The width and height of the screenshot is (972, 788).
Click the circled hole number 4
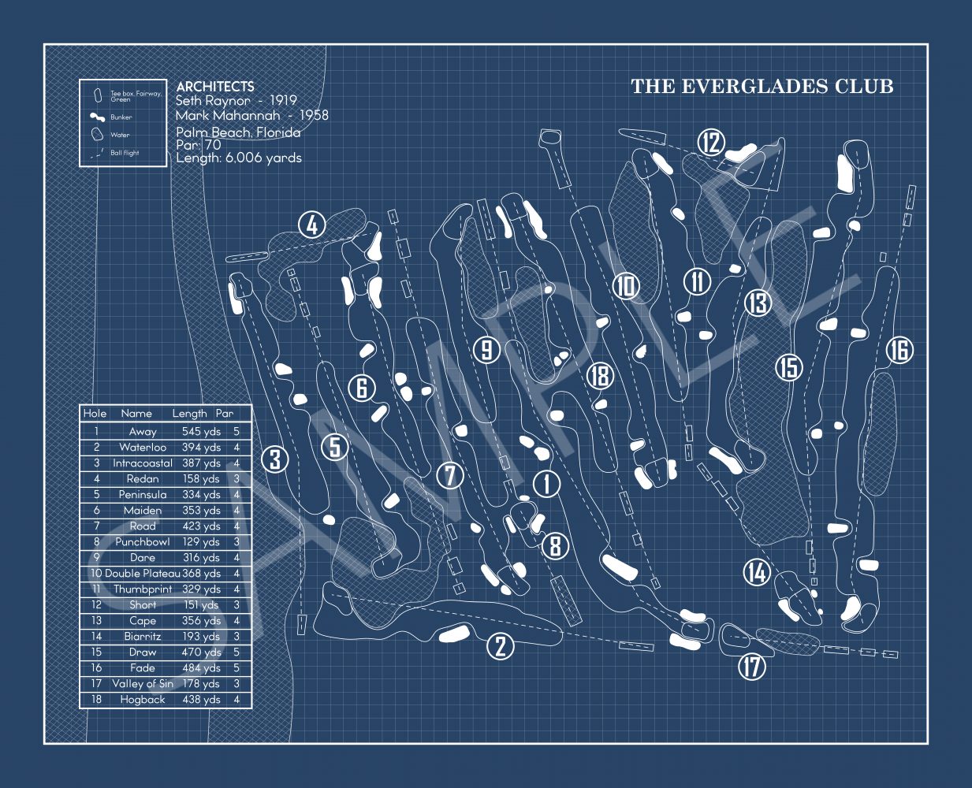coord(312,225)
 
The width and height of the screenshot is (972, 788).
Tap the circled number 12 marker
coord(711,143)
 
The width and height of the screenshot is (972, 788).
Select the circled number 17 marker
coord(752,667)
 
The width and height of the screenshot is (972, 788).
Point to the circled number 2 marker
coord(501,646)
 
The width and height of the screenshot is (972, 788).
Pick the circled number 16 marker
coord(899,350)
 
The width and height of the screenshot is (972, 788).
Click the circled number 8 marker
coord(556,545)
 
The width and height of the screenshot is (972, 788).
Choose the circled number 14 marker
coord(757,572)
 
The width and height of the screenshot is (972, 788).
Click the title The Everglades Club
coord(762,87)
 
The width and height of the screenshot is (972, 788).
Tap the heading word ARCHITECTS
coord(215,87)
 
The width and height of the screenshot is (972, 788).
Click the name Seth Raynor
coord(213,101)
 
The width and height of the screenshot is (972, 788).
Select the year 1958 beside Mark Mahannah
coord(314,115)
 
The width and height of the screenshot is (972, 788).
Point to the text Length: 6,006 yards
coord(239,158)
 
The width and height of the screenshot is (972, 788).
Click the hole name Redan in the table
coord(143,479)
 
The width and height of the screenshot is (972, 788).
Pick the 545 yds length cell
coord(201,432)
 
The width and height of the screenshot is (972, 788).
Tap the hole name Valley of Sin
coord(143,684)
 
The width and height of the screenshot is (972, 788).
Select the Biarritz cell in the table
coord(143,637)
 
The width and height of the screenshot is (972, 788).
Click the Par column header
coord(225,414)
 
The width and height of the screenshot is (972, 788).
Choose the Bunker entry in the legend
coord(121,117)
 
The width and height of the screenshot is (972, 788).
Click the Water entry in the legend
coord(120,135)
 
